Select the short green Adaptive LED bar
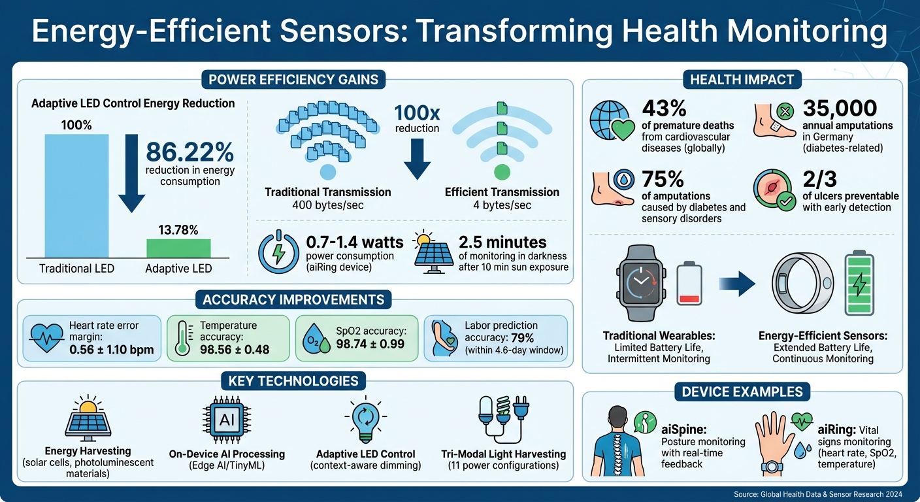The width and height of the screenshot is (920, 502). click(x=178, y=248)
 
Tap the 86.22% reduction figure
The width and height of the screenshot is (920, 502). click(x=189, y=152)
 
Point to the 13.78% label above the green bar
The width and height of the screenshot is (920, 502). click(x=178, y=229)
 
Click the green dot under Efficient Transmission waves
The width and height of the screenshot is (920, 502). click(x=502, y=172)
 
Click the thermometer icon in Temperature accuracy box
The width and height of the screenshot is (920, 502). click(x=184, y=339)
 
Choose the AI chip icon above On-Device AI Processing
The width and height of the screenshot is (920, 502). click(x=227, y=420)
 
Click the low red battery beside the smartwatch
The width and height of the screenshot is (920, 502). click(x=689, y=285)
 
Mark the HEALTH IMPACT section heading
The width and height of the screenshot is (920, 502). click(x=742, y=80)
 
